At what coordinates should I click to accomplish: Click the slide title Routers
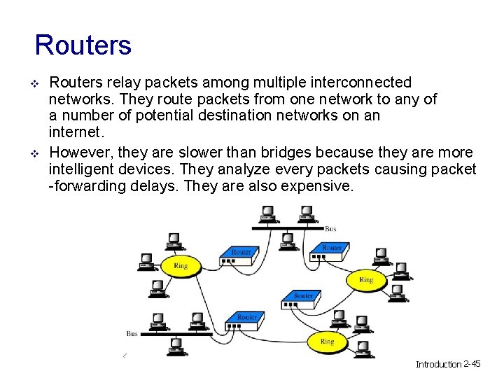coord(83,45)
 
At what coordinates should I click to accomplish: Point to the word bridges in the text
coord(287,153)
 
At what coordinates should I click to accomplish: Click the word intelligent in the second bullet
coord(83,169)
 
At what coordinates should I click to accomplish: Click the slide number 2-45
coord(472,364)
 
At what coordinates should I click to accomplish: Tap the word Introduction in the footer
coord(439,364)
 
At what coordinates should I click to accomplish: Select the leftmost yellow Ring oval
coord(181,266)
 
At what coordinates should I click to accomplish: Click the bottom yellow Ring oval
coord(327,342)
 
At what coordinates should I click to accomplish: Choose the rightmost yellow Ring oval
coord(365,279)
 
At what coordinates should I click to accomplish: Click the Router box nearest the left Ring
coord(240,254)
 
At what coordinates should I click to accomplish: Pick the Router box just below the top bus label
coord(330,251)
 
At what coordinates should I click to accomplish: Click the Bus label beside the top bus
coord(330,229)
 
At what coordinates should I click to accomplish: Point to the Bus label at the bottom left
coord(132,334)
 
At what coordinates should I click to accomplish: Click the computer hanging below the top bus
coord(286,241)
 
